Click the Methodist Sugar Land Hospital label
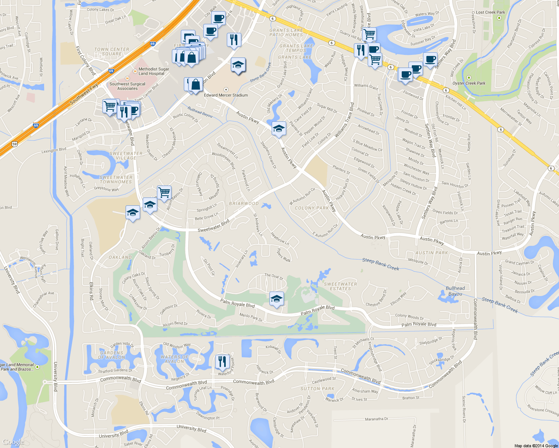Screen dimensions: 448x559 (x=154, y=71)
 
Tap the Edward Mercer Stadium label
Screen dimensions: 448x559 (x=226, y=95)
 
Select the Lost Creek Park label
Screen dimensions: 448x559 (x=490, y=12)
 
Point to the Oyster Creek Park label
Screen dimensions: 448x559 (x=469, y=83)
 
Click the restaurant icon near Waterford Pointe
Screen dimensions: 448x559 (x=222, y=361)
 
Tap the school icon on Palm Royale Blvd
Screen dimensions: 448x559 (x=277, y=299)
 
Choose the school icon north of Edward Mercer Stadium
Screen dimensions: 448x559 (x=238, y=66)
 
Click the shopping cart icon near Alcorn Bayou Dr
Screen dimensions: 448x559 (x=164, y=193)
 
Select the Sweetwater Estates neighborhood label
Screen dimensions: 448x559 (x=340, y=286)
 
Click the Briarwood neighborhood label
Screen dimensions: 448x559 (x=244, y=203)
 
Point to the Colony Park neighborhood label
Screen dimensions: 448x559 (x=312, y=208)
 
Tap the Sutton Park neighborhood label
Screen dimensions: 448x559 (x=317, y=389)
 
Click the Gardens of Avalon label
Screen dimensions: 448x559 (x=111, y=355)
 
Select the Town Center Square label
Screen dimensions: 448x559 (x=111, y=52)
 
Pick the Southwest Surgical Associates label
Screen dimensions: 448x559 (x=127, y=86)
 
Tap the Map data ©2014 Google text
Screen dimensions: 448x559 (x=536, y=446)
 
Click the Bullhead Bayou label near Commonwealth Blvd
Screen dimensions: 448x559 (x=455, y=291)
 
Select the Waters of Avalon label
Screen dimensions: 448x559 (x=175, y=359)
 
